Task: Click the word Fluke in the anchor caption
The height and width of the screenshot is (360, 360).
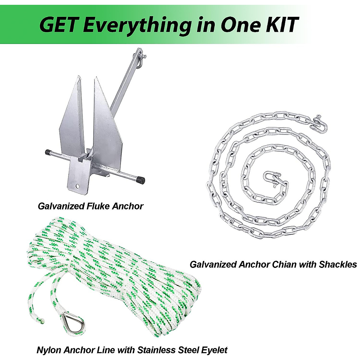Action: click(x=95, y=206)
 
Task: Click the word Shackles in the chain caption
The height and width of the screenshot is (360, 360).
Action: click(x=338, y=264)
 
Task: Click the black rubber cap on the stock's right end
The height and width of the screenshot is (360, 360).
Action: click(x=140, y=180)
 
